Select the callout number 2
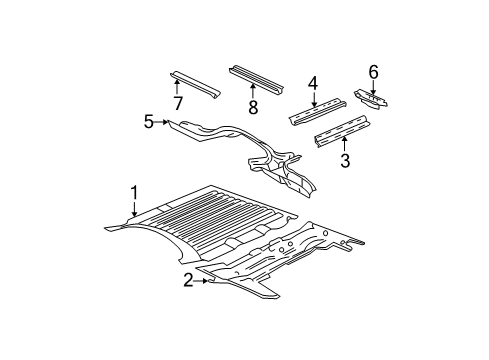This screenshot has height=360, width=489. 188,281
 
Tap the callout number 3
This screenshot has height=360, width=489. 344,160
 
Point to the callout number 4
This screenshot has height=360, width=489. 313,84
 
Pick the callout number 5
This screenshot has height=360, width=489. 149,122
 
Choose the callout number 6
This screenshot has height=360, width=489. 373,71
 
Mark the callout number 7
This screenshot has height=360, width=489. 177,103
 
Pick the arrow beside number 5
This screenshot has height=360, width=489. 162,122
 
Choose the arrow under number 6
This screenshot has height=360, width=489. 373,86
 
